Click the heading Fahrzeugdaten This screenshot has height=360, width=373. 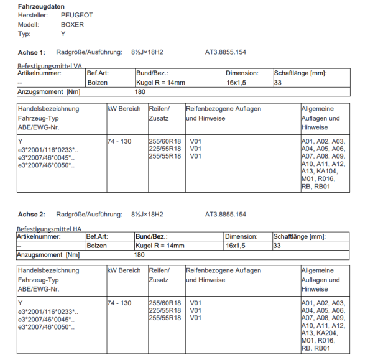[x=40, y=6]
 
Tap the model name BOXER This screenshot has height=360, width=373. [x=72, y=25]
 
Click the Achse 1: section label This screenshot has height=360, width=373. [x=31, y=52]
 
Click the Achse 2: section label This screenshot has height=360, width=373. [x=31, y=215]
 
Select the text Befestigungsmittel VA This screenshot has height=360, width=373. [x=49, y=65]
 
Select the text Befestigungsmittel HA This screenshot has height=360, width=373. [x=49, y=229]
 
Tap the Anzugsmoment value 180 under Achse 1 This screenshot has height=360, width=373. [x=140, y=91]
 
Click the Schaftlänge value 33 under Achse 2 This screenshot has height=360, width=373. [x=278, y=246]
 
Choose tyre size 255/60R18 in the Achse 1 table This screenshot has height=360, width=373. [x=165, y=142]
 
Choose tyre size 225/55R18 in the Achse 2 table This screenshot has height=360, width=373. [x=165, y=310]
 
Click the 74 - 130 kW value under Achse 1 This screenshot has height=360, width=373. [x=119, y=142]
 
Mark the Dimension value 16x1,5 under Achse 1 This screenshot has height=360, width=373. [x=236, y=82]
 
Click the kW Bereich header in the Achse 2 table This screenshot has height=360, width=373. [x=124, y=270]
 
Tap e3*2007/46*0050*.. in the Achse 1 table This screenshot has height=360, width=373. [x=46, y=165]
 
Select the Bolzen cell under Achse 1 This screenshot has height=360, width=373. [x=98, y=82]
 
